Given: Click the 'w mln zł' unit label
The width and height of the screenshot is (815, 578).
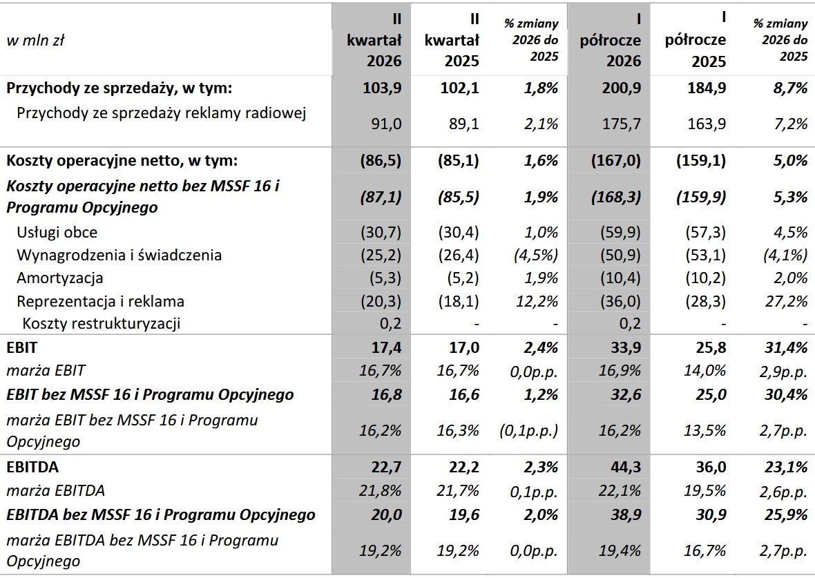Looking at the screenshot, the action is (35, 40).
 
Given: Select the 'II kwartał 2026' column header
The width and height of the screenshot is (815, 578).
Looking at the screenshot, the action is (374, 40).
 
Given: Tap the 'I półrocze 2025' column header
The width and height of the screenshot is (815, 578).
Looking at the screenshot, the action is (696, 40).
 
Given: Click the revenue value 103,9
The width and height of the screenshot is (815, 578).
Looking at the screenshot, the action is (382, 88).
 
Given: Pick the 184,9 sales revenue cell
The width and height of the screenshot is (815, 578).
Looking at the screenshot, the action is (706, 88).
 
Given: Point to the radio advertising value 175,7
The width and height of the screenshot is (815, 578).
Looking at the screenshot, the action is (621, 124).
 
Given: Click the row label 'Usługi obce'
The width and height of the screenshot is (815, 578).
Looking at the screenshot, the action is (57, 232).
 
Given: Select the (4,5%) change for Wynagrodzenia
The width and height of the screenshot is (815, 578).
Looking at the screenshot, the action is (536, 256).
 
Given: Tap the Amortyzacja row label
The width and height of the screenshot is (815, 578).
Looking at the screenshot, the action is (60, 278).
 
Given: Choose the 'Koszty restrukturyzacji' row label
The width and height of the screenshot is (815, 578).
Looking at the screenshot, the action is (102, 323).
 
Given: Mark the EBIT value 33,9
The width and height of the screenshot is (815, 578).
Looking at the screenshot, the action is (626, 347).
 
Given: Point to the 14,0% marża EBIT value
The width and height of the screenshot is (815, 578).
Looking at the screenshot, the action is (704, 371).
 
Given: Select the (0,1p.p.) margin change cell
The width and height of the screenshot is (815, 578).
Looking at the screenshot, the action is (528, 431).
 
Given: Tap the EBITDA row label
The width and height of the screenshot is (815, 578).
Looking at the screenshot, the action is (32, 467).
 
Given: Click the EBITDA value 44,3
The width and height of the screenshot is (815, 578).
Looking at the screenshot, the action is (626, 467).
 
